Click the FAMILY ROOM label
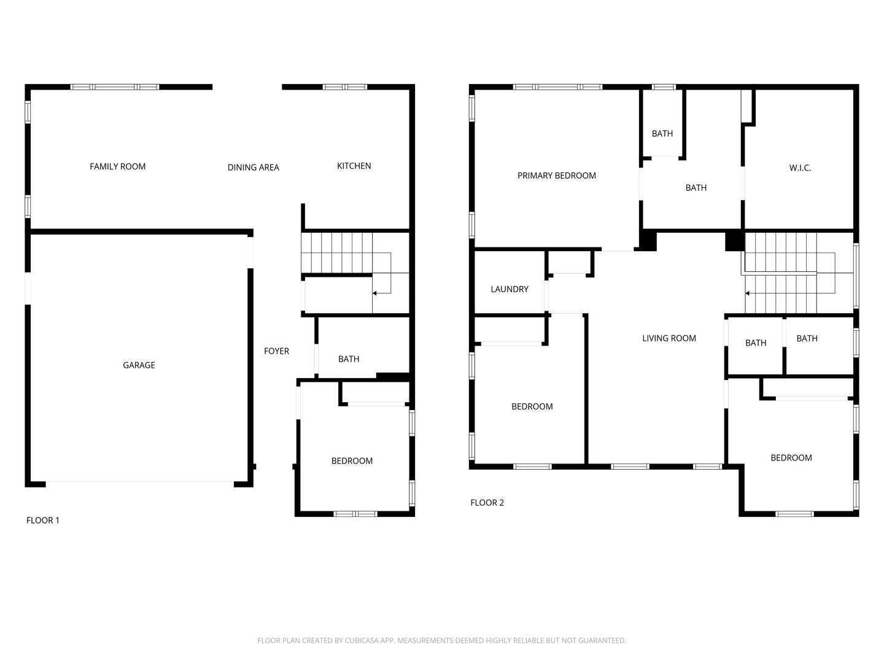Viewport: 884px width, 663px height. (117, 166)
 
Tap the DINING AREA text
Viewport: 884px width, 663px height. (253, 168)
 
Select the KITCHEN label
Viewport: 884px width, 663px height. (354, 166)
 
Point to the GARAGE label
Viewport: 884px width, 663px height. (139, 365)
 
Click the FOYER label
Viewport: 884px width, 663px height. (276, 351)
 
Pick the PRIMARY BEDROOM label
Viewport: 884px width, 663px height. (556, 176)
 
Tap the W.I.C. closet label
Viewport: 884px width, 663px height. (800, 168)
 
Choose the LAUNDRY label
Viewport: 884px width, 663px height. (510, 289)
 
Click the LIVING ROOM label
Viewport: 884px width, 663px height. (669, 338)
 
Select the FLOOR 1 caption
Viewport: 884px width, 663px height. (43, 520)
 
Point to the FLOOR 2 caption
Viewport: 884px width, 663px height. (487, 502)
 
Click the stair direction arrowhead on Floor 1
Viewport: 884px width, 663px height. (374, 293)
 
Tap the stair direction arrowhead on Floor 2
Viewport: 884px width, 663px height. (747, 293)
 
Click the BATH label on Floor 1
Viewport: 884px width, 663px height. (348, 359)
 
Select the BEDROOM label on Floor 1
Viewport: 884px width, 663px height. (352, 461)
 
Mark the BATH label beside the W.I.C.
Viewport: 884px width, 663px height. (696, 188)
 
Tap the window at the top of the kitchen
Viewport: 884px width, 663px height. (345, 87)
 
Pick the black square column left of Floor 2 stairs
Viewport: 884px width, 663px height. (735, 241)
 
